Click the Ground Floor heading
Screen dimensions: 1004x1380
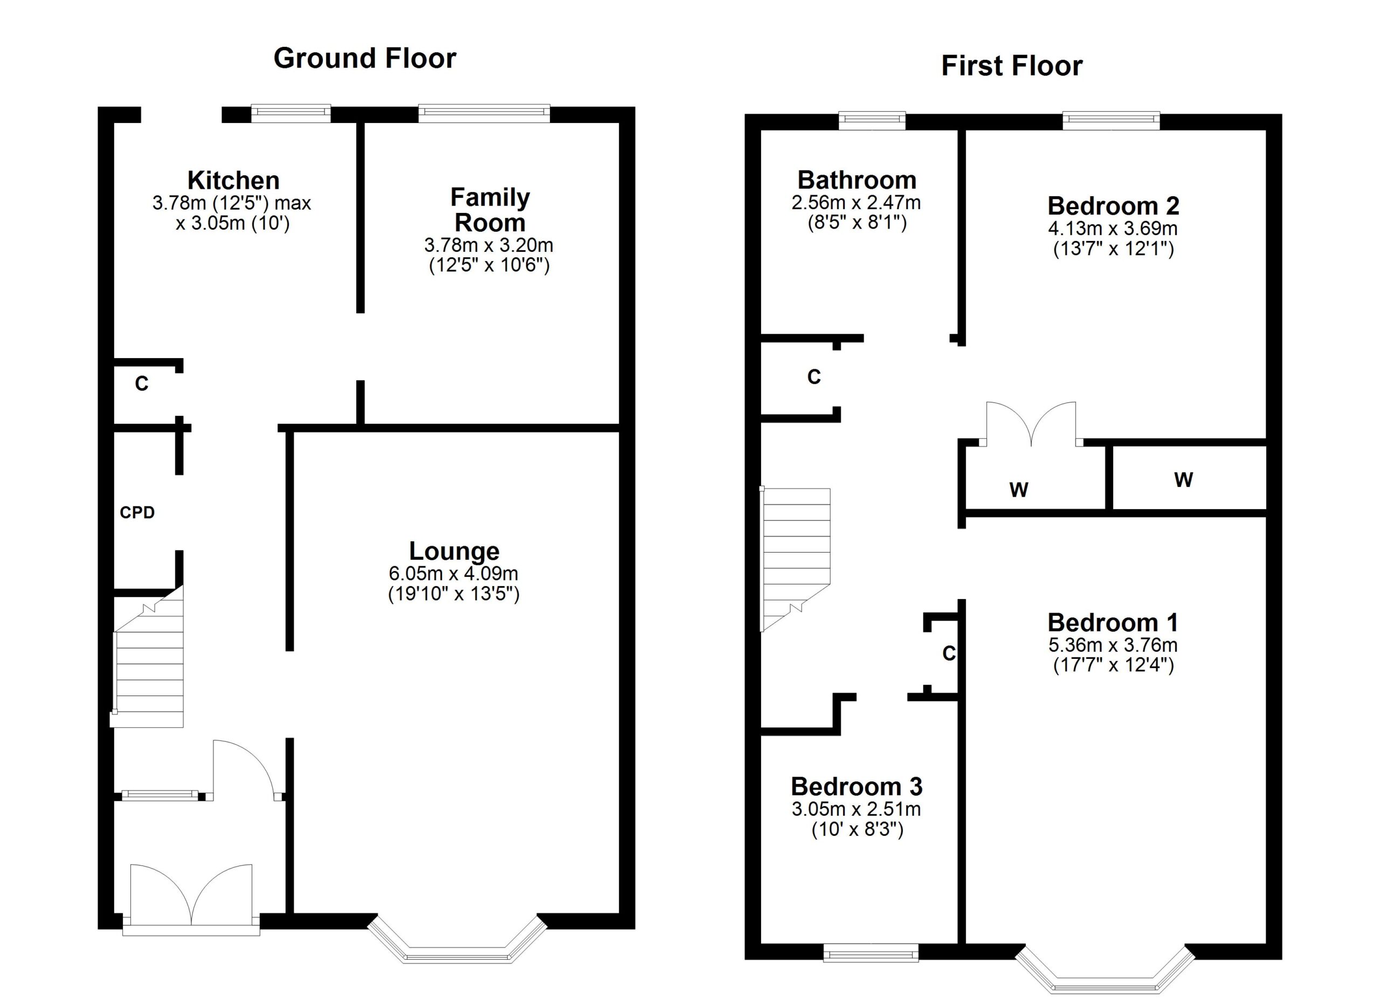click(x=364, y=58)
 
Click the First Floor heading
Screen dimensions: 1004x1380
click(x=1011, y=66)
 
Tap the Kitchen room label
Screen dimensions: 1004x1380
click(x=233, y=181)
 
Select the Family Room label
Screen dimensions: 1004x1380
click(x=489, y=210)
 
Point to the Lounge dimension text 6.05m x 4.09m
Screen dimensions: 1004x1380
click(x=453, y=573)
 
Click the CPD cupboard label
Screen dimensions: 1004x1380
click(x=137, y=513)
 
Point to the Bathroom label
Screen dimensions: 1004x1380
click(x=857, y=180)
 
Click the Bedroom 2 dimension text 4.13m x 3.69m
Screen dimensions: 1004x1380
click(x=1112, y=229)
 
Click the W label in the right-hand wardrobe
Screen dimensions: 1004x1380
click(x=1183, y=480)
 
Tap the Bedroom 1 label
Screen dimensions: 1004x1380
click(x=1112, y=622)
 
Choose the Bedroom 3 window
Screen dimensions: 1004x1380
click(x=870, y=953)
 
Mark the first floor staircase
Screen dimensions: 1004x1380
click(x=795, y=557)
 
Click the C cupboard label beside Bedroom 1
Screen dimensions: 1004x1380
click(x=949, y=654)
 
